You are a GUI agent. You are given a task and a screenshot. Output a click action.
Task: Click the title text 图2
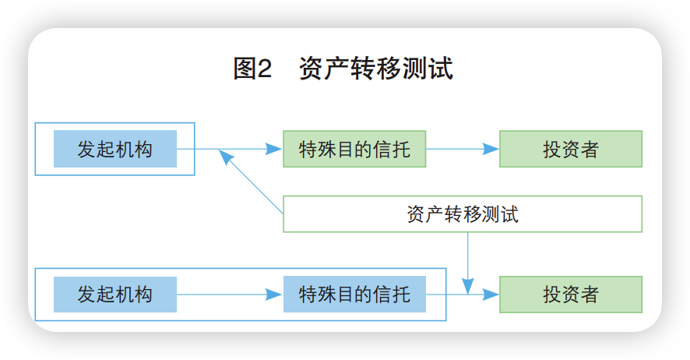252,69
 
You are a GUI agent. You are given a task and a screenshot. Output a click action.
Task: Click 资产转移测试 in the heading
375,69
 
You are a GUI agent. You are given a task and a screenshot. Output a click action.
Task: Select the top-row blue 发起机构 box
114,149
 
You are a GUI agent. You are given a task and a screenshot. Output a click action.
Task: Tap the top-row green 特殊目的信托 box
354,149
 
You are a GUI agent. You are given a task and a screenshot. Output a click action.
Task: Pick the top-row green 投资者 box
570,149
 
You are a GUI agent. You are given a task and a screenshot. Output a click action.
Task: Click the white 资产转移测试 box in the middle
462,214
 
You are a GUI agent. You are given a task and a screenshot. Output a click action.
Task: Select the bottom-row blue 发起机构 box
114,295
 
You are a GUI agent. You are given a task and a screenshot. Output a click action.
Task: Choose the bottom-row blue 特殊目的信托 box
354,295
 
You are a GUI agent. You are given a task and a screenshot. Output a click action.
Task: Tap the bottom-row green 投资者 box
570,295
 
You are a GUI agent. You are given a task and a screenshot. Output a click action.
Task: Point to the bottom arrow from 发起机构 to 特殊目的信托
226,295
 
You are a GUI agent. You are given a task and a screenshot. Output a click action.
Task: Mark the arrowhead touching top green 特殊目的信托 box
273,149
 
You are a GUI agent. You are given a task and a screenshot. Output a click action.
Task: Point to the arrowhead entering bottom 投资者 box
491,295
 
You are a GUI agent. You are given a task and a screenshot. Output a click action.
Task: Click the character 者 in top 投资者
590,149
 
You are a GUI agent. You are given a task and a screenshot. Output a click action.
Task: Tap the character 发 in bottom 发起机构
86,295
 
